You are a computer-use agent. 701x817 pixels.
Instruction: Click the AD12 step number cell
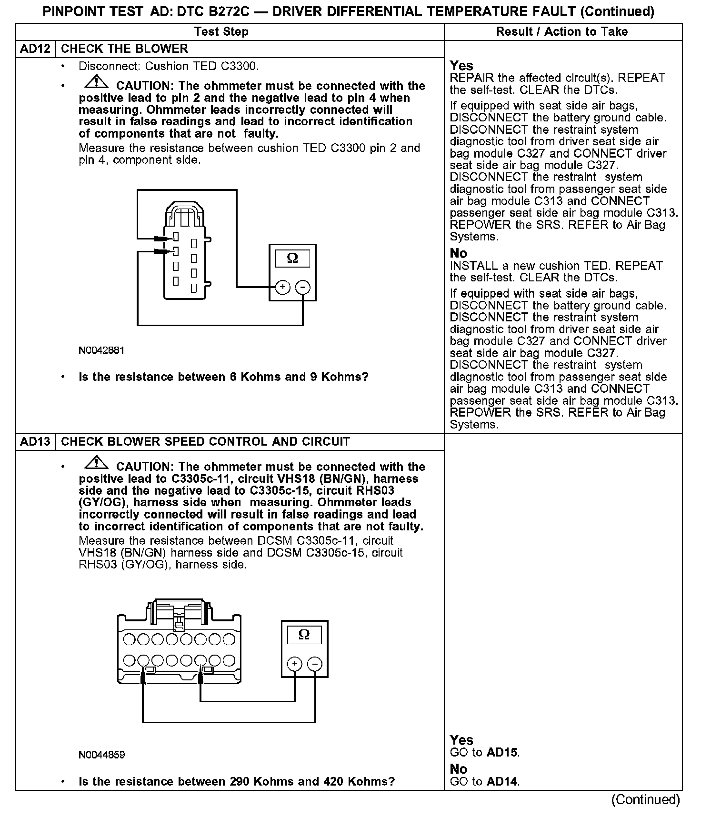tap(35, 49)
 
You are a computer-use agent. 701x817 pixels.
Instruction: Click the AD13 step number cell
tap(35, 441)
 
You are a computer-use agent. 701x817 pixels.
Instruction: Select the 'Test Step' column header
tap(221, 32)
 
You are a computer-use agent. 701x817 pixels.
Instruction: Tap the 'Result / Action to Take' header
tap(562, 32)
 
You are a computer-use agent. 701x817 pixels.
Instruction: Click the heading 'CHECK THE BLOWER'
tap(125, 49)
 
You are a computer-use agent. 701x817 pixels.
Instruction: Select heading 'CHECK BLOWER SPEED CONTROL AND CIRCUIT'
tap(205, 441)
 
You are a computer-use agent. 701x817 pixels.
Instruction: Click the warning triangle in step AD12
tap(96, 83)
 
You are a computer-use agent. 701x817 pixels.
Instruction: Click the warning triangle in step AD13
tap(96, 463)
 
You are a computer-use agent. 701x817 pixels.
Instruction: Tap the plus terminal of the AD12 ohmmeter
tap(283, 287)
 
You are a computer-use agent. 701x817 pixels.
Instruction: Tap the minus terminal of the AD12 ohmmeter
tap(303, 287)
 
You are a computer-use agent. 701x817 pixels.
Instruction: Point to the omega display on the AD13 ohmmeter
tap(304, 635)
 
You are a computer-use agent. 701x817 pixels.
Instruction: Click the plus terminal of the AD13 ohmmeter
tap(295, 664)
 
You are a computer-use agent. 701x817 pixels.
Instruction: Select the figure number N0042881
tap(101, 350)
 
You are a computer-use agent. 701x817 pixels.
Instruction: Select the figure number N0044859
tap(102, 755)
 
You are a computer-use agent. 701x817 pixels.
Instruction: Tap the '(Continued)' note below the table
tap(645, 799)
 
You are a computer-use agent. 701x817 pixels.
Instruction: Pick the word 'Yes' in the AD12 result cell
tap(461, 66)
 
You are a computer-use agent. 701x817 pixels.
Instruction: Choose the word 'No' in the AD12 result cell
tap(459, 253)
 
